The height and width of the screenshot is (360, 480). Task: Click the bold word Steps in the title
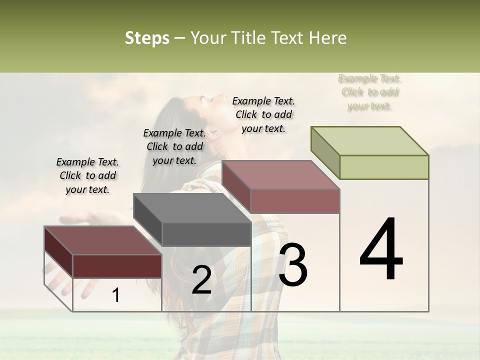click(x=147, y=38)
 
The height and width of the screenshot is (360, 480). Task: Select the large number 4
click(x=381, y=250)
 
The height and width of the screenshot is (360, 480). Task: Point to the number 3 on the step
click(x=293, y=265)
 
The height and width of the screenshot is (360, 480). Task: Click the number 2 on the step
click(x=201, y=280)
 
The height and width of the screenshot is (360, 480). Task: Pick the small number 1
click(x=116, y=295)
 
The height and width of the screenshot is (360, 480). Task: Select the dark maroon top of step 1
click(x=102, y=240)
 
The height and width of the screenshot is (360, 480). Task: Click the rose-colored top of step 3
click(x=281, y=175)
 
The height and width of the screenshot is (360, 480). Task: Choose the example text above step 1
click(x=87, y=175)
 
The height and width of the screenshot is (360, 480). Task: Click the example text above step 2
click(x=174, y=146)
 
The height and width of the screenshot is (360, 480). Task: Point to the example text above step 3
click(x=263, y=114)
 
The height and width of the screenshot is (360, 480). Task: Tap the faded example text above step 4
click(x=369, y=92)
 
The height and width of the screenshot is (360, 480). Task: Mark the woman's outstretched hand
click(x=80, y=220)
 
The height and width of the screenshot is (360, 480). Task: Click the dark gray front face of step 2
click(x=206, y=234)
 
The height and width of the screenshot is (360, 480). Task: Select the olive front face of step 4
click(x=384, y=167)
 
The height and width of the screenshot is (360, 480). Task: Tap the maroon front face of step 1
click(x=117, y=266)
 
